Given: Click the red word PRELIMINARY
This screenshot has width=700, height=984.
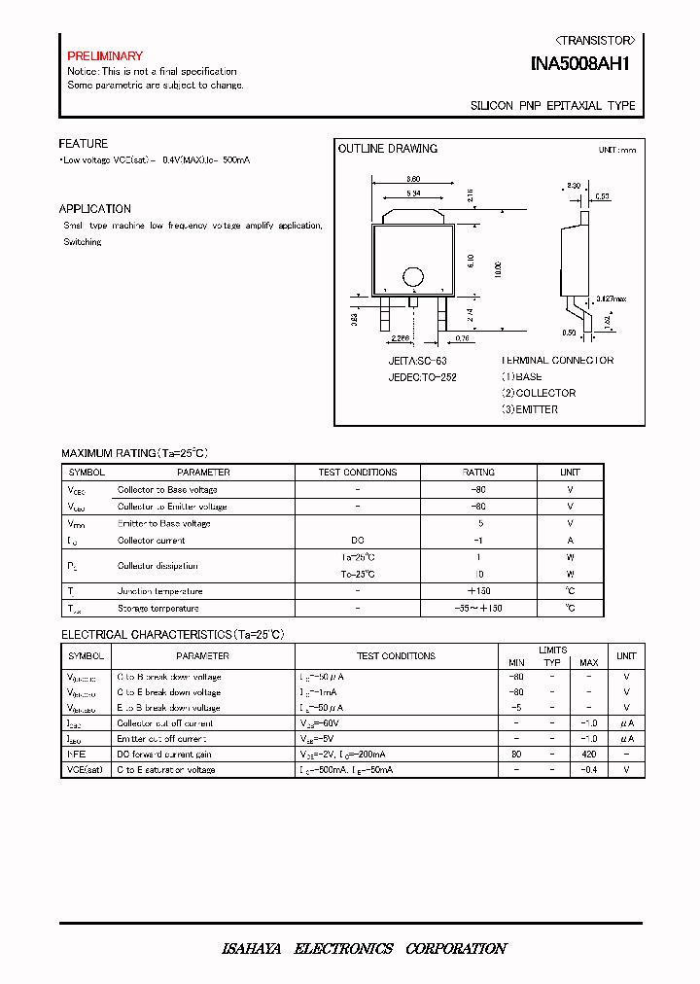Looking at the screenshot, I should (105, 56).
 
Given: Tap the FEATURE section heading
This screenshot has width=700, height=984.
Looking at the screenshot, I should (84, 144).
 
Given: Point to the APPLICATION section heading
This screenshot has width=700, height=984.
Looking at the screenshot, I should (95, 209).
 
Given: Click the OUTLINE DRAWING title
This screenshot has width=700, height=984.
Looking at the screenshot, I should (387, 149).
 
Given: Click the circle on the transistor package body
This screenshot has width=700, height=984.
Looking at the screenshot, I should (413, 276).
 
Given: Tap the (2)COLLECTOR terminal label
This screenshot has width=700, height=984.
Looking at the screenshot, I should (539, 393).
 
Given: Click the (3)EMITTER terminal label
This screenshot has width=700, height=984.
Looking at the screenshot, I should (530, 409).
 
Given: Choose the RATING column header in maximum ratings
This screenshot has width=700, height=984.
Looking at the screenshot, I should (478, 473).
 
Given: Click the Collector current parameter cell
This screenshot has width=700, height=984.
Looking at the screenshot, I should (151, 541).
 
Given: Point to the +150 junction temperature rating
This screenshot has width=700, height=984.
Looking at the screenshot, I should (478, 591).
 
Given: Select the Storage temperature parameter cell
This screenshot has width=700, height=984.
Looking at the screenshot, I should (158, 609).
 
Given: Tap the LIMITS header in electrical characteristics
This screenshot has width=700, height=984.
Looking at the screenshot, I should (552, 650).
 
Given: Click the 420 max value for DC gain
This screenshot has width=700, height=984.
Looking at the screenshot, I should (589, 755).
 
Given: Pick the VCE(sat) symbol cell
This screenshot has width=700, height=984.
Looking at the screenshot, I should (86, 770).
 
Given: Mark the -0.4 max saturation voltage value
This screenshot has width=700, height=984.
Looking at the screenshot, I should (589, 770).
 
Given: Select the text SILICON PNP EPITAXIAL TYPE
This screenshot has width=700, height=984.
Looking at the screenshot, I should (553, 106).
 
